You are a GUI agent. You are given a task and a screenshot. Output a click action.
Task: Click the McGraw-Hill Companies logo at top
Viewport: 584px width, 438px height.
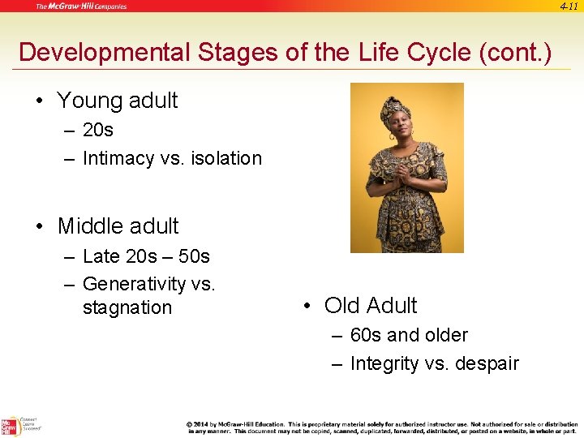click(81, 6)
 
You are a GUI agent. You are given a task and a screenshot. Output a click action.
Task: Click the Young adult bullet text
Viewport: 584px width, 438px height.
click(118, 101)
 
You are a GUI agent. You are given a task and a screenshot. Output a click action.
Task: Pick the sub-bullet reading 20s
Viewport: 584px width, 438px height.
click(98, 130)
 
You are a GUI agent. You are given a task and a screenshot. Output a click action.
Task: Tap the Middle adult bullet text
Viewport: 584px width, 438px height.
click(118, 226)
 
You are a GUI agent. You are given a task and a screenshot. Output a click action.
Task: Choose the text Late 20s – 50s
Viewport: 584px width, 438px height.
click(146, 256)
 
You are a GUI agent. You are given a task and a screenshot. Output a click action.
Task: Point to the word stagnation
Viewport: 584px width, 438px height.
click(127, 307)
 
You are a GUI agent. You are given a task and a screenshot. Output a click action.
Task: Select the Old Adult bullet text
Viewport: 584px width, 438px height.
click(371, 306)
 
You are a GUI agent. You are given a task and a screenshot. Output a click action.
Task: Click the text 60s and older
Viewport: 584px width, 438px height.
click(409, 335)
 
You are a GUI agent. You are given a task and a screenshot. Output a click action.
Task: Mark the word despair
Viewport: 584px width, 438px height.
click(483, 363)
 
